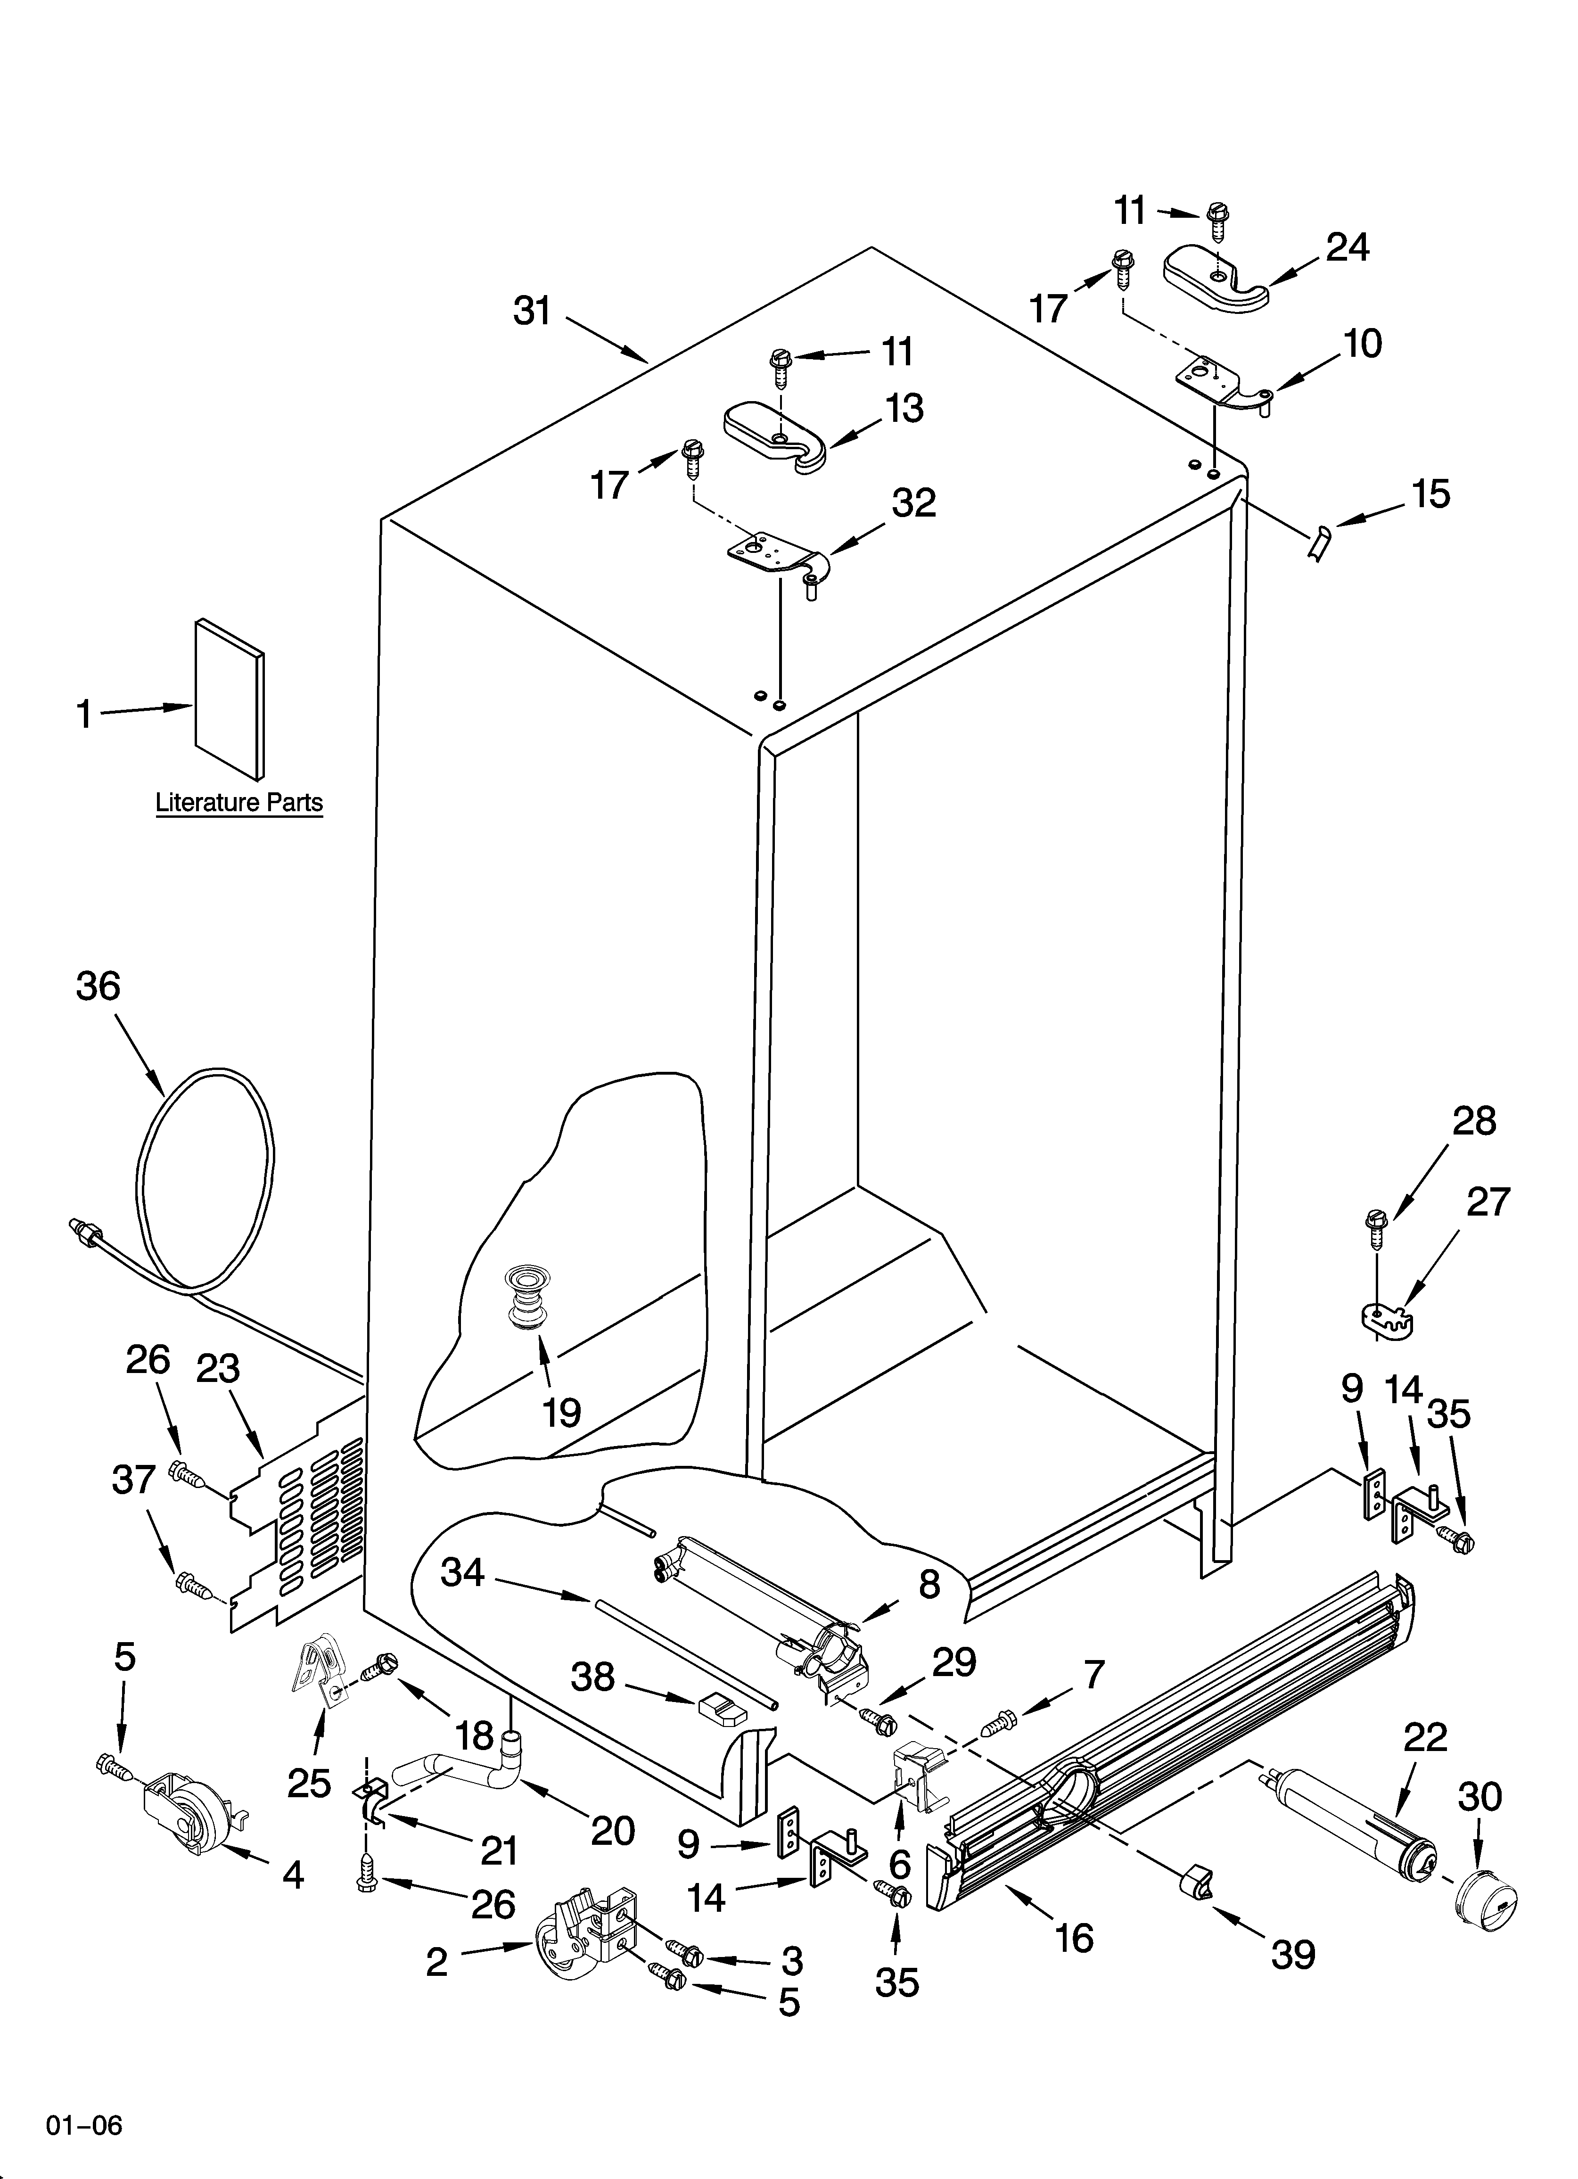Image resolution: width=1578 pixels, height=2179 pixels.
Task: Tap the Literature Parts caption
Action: coord(239,802)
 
